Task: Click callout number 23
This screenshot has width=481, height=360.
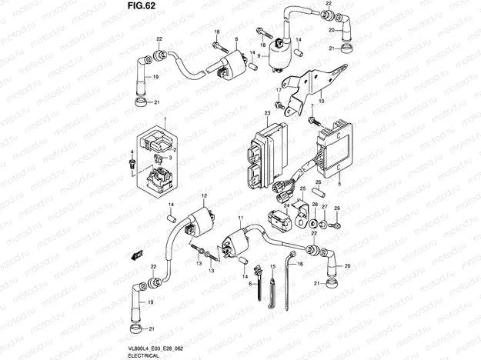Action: [267, 114]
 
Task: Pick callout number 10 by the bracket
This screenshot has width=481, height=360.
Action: [322, 100]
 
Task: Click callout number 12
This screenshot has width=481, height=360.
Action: [204, 198]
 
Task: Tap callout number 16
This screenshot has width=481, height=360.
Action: [301, 264]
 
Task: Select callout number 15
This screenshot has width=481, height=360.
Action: [272, 265]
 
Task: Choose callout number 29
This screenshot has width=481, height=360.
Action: [336, 209]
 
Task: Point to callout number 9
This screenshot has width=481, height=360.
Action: [259, 56]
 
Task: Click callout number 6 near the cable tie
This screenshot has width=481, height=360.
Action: [250, 284]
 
